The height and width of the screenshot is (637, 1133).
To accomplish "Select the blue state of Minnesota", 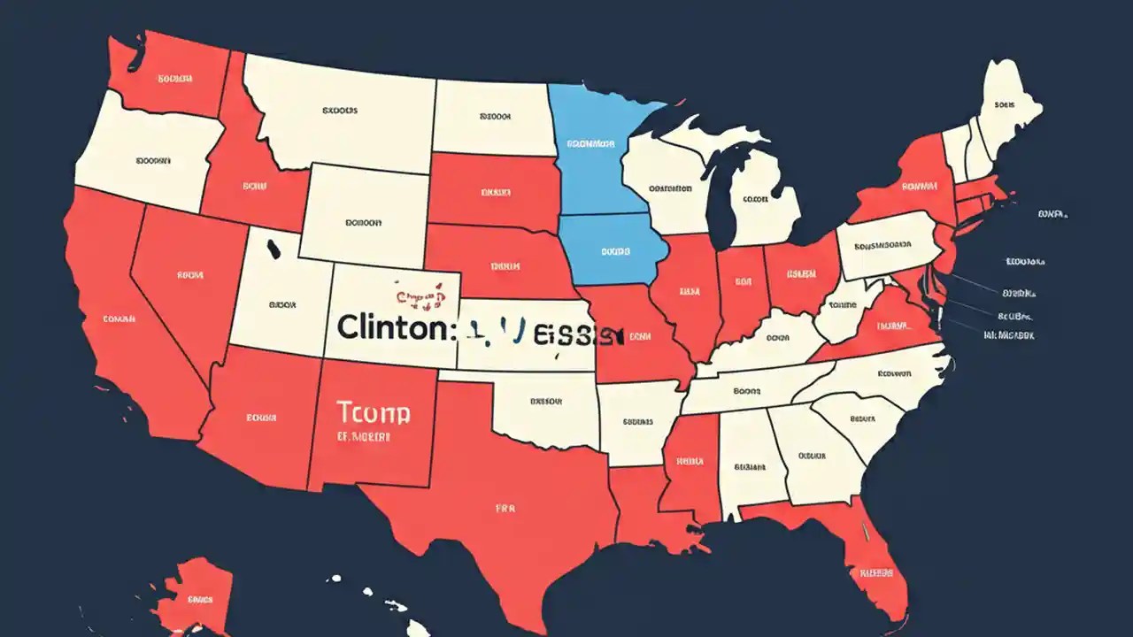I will coord(595,150).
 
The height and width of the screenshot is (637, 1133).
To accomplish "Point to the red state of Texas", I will coord(505,495).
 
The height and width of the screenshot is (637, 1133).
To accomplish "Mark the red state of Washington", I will coord(168,75).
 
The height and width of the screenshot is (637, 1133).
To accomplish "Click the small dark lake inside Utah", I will coord(272,247).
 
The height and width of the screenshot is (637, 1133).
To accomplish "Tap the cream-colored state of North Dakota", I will coord(491,115).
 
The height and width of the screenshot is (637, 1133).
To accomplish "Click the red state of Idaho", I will coord(252,181).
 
